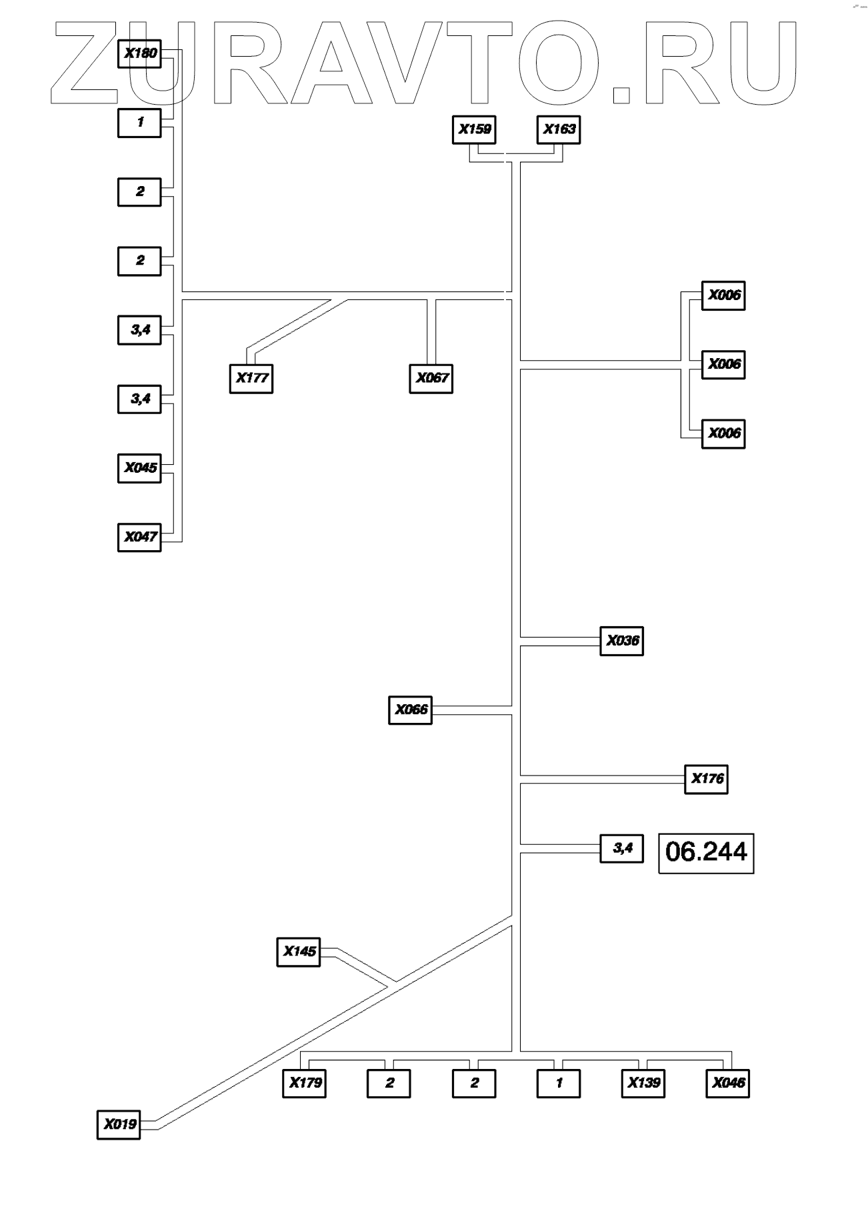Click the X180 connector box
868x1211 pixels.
139,53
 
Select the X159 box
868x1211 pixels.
474,129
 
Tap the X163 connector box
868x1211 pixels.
559,129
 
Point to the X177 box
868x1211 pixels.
251,378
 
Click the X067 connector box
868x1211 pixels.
431,378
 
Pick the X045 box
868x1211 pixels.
139,467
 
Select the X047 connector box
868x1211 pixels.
139,537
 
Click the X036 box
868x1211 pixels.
621,641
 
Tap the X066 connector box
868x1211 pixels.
410,710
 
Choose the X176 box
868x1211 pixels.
706,779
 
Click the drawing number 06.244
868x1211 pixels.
706,852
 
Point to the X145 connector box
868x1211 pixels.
298,952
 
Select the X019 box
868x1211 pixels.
119,1124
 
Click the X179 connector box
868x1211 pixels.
305,1083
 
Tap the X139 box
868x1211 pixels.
643,1083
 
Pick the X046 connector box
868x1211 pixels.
728,1083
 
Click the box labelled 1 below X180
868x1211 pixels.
139,123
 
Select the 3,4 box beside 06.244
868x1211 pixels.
621,848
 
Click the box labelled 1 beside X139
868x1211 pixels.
559,1083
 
